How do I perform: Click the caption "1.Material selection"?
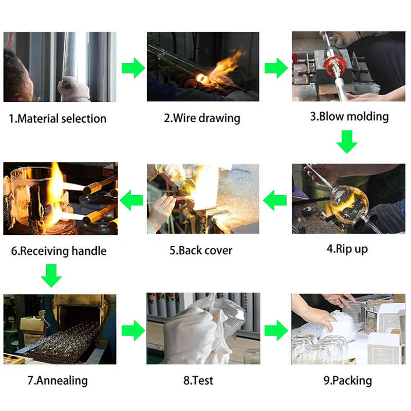[x=58, y=119]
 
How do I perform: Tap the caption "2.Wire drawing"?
[x=202, y=118]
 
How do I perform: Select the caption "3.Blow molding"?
[x=349, y=116]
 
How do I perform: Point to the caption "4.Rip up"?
[x=347, y=249]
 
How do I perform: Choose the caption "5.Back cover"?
[x=201, y=251]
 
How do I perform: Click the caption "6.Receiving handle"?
[x=59, y=251]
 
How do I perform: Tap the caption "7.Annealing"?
[x=58, y=381]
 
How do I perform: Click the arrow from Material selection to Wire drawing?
[x=133, y=68]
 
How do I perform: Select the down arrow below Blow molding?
[x=348, y=142]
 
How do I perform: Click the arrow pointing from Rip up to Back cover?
[x=276, y=199]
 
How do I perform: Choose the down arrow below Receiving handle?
[x=51, y=275]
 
